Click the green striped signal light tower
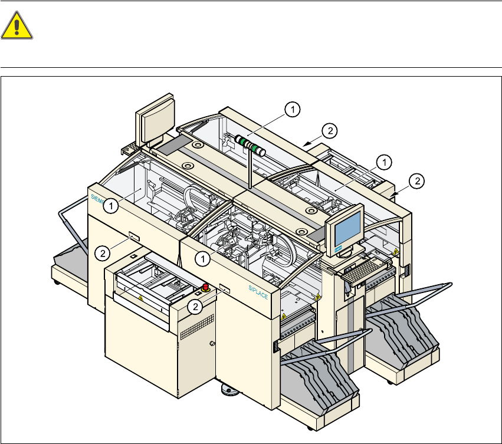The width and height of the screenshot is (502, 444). click(x=250, y=144)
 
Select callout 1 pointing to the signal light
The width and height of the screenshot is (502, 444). click(x=293, y=108)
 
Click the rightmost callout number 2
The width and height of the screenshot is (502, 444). click(x=416, y=182)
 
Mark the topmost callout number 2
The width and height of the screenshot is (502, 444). click(x=329, y=130)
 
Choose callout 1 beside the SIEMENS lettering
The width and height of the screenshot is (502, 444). click(x=110, y=206)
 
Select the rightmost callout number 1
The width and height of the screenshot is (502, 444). click(x=383, y=160)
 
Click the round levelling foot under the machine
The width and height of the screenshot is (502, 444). click(x=228, y=390)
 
